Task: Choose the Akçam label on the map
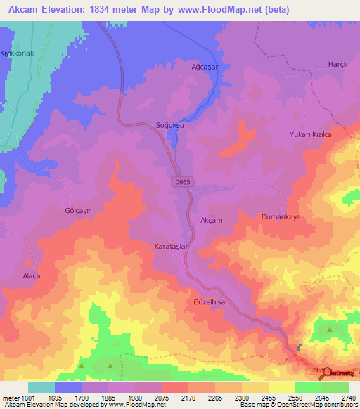click(x=212, y=220)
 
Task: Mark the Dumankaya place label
click(x=281, y=217)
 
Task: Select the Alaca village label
click(x=32, y=276)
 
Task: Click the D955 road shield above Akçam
click(x=181, y=182)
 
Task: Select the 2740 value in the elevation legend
click(x=349, y=397)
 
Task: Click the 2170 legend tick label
click(x=188, y=397)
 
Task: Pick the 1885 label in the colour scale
click(x=108, y=397)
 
